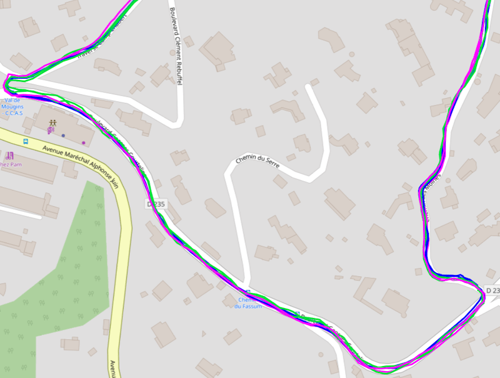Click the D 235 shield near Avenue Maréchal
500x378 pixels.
156,204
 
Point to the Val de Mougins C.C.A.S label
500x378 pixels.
13,107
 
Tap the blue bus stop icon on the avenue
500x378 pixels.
26,142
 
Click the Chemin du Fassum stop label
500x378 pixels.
248,302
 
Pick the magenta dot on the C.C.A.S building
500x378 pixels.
83,134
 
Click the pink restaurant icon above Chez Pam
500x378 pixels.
9,155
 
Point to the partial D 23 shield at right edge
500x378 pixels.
492,291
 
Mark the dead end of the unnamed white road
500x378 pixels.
308,87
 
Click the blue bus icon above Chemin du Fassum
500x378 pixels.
248,292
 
